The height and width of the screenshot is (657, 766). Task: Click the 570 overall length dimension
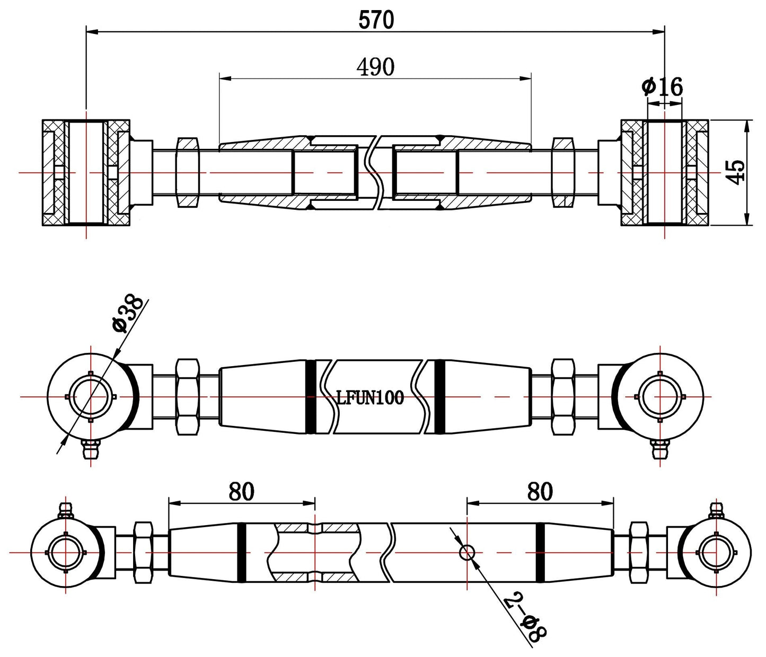(376, 20)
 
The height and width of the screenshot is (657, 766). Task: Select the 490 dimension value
(375, 67)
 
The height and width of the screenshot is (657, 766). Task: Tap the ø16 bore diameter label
(662, 87)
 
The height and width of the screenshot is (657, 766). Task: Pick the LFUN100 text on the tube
(370, 397)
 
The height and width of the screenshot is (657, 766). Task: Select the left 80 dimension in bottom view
(242, 492)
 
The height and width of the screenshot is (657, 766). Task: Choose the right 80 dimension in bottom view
(540, 492)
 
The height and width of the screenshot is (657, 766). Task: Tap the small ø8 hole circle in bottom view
(466, 553)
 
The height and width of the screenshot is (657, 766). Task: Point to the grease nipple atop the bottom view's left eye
(65, 510)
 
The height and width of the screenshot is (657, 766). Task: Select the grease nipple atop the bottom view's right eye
(717, 510)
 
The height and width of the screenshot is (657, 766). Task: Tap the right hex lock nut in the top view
(563, 172)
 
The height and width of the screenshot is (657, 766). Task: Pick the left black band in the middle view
(311, 396)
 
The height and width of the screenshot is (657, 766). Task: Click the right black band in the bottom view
(540, 553)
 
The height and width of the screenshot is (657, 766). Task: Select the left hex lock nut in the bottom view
(144, 553)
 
